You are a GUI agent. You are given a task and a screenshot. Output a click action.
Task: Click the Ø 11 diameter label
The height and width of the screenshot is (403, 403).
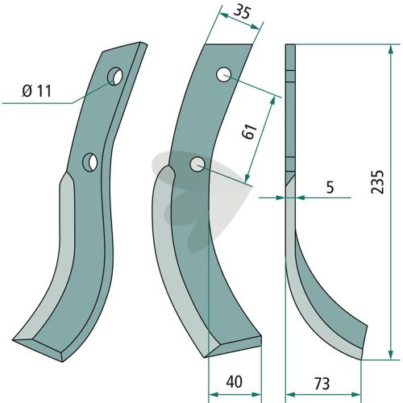[36, 91]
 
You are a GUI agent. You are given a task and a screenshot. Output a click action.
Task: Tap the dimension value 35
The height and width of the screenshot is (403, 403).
[242, 13]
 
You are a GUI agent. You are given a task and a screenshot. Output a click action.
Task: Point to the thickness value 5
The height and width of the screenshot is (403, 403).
[330, 187]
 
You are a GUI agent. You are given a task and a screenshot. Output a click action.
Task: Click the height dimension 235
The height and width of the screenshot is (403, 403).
[377, 181]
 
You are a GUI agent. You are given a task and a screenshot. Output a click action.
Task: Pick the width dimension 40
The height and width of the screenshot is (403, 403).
[234, 381]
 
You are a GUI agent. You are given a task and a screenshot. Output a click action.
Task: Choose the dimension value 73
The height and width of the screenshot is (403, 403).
[322, 384]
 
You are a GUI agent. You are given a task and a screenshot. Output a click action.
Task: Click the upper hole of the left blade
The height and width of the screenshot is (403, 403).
[115, 77]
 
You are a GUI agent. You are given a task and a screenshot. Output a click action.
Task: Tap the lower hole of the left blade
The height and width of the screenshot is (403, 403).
[90, 162]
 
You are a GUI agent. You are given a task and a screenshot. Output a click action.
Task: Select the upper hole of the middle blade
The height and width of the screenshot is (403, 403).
[223, 75]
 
